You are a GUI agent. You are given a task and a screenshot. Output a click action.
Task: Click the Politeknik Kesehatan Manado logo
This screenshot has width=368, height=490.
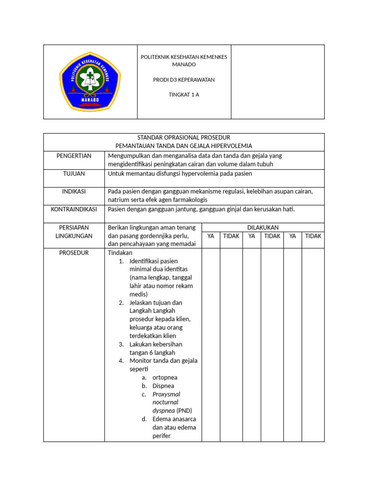90,81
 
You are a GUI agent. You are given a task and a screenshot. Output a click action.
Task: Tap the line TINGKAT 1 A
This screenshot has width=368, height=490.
184,94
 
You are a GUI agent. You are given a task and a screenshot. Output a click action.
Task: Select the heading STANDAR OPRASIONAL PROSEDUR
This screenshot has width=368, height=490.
184,138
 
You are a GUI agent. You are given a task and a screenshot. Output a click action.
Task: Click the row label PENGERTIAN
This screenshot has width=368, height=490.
74,156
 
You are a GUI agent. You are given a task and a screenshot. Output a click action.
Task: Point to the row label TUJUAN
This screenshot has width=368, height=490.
74,174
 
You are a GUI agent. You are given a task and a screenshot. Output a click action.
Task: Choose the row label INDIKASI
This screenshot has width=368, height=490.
74,191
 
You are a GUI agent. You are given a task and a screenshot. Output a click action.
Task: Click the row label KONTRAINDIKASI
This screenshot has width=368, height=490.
74,209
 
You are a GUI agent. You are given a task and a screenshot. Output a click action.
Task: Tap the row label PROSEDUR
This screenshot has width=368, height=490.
74,253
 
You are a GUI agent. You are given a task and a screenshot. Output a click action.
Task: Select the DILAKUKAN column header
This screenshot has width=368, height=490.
263,228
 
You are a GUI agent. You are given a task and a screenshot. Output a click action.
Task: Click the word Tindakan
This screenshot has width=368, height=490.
120,253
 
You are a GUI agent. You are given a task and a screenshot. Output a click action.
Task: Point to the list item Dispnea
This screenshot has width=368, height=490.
163,386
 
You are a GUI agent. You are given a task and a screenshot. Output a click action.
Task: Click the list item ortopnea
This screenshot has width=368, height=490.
165,378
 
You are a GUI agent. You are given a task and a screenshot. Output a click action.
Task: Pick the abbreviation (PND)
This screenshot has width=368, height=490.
184,411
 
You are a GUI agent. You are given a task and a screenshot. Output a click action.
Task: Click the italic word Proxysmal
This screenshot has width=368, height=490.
166,394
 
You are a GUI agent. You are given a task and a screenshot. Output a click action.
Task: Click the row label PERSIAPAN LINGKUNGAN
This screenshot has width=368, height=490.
74,232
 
